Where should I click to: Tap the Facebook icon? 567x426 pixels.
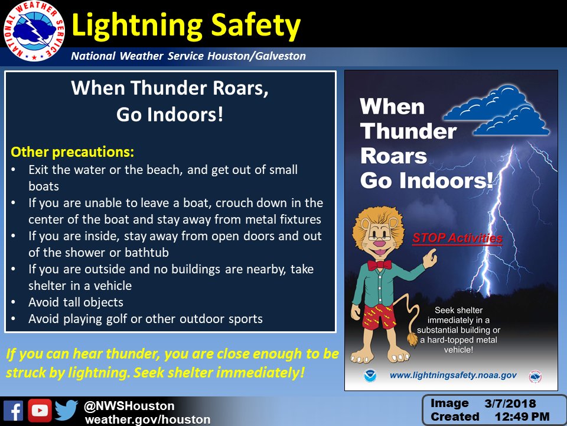(13, 411)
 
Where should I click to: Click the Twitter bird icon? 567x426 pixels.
(66, 411)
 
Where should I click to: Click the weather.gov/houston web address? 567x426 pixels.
(148, 419)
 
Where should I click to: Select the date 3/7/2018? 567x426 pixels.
(510, 404)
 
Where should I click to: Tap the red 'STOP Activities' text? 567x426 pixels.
(457, 238)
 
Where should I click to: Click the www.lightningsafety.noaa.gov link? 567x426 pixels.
(453, 375)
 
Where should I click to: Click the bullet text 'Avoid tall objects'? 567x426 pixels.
(76, 302)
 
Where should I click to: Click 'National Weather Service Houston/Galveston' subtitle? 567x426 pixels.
(188, 56)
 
